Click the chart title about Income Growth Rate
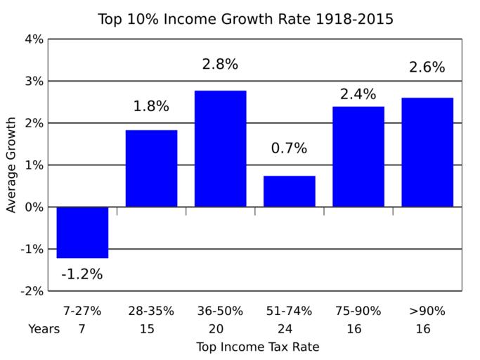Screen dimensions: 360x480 click(245, 19)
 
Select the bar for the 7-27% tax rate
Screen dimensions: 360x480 click(82, 232)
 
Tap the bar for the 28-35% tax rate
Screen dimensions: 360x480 click(151, 169)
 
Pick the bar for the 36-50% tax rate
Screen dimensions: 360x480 click(220, 149)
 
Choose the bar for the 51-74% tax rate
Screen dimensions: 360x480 click(289, 191)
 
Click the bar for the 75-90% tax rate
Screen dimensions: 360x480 click(358, 157)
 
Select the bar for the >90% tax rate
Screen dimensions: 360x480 click(427, 153)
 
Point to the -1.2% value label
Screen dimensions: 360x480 click(82, 274)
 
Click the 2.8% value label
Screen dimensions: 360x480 click(220, 65)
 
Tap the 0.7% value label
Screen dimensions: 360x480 click(289, 148)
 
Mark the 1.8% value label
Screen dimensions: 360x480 click(151, 107)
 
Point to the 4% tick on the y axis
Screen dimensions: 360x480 click(34, 39)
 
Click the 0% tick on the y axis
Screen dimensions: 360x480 click(34, 207)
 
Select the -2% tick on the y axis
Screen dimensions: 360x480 click(32, 291)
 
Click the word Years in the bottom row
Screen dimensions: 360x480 click(44, 328)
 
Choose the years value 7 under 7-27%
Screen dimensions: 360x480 click(82, 328)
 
